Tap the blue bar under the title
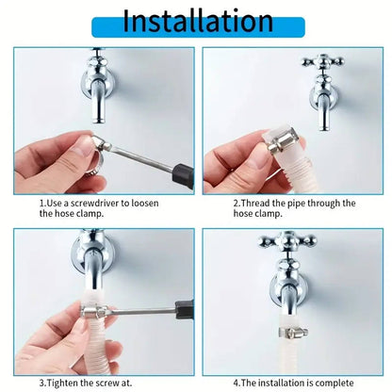click(195, 40)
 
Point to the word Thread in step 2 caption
click(266, 203)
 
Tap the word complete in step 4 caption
click(333, 383)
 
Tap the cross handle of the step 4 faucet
click(287, 240)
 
